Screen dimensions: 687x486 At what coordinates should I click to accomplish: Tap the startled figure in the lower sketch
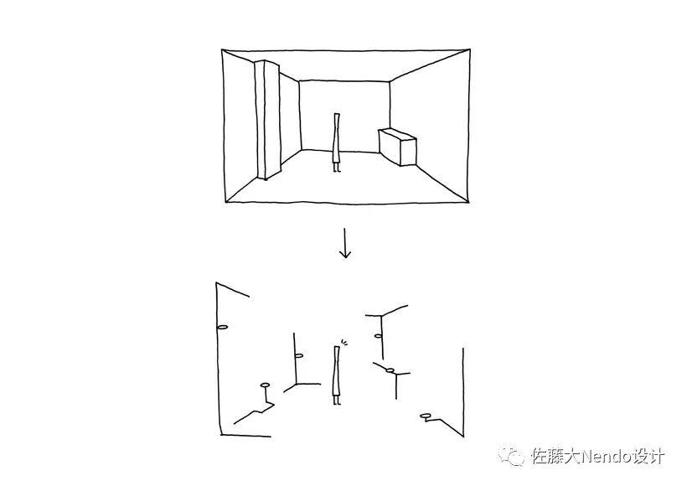pos(337,373)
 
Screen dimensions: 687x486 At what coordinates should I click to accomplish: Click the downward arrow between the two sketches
pos(344,244)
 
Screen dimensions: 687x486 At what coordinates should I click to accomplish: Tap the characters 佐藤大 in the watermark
pos(550,457)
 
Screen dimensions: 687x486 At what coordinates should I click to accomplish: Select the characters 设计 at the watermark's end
pos(649,457)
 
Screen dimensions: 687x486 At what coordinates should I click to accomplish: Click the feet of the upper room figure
pos(337,169)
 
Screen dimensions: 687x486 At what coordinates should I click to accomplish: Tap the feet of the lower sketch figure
pos(337,401)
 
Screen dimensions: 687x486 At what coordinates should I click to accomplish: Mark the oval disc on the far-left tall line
pos(222,327)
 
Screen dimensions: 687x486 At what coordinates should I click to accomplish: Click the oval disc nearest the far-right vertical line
pos(426,416)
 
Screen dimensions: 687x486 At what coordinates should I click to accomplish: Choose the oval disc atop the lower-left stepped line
pos(266,385)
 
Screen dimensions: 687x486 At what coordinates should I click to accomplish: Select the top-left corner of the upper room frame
pos(223,50)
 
